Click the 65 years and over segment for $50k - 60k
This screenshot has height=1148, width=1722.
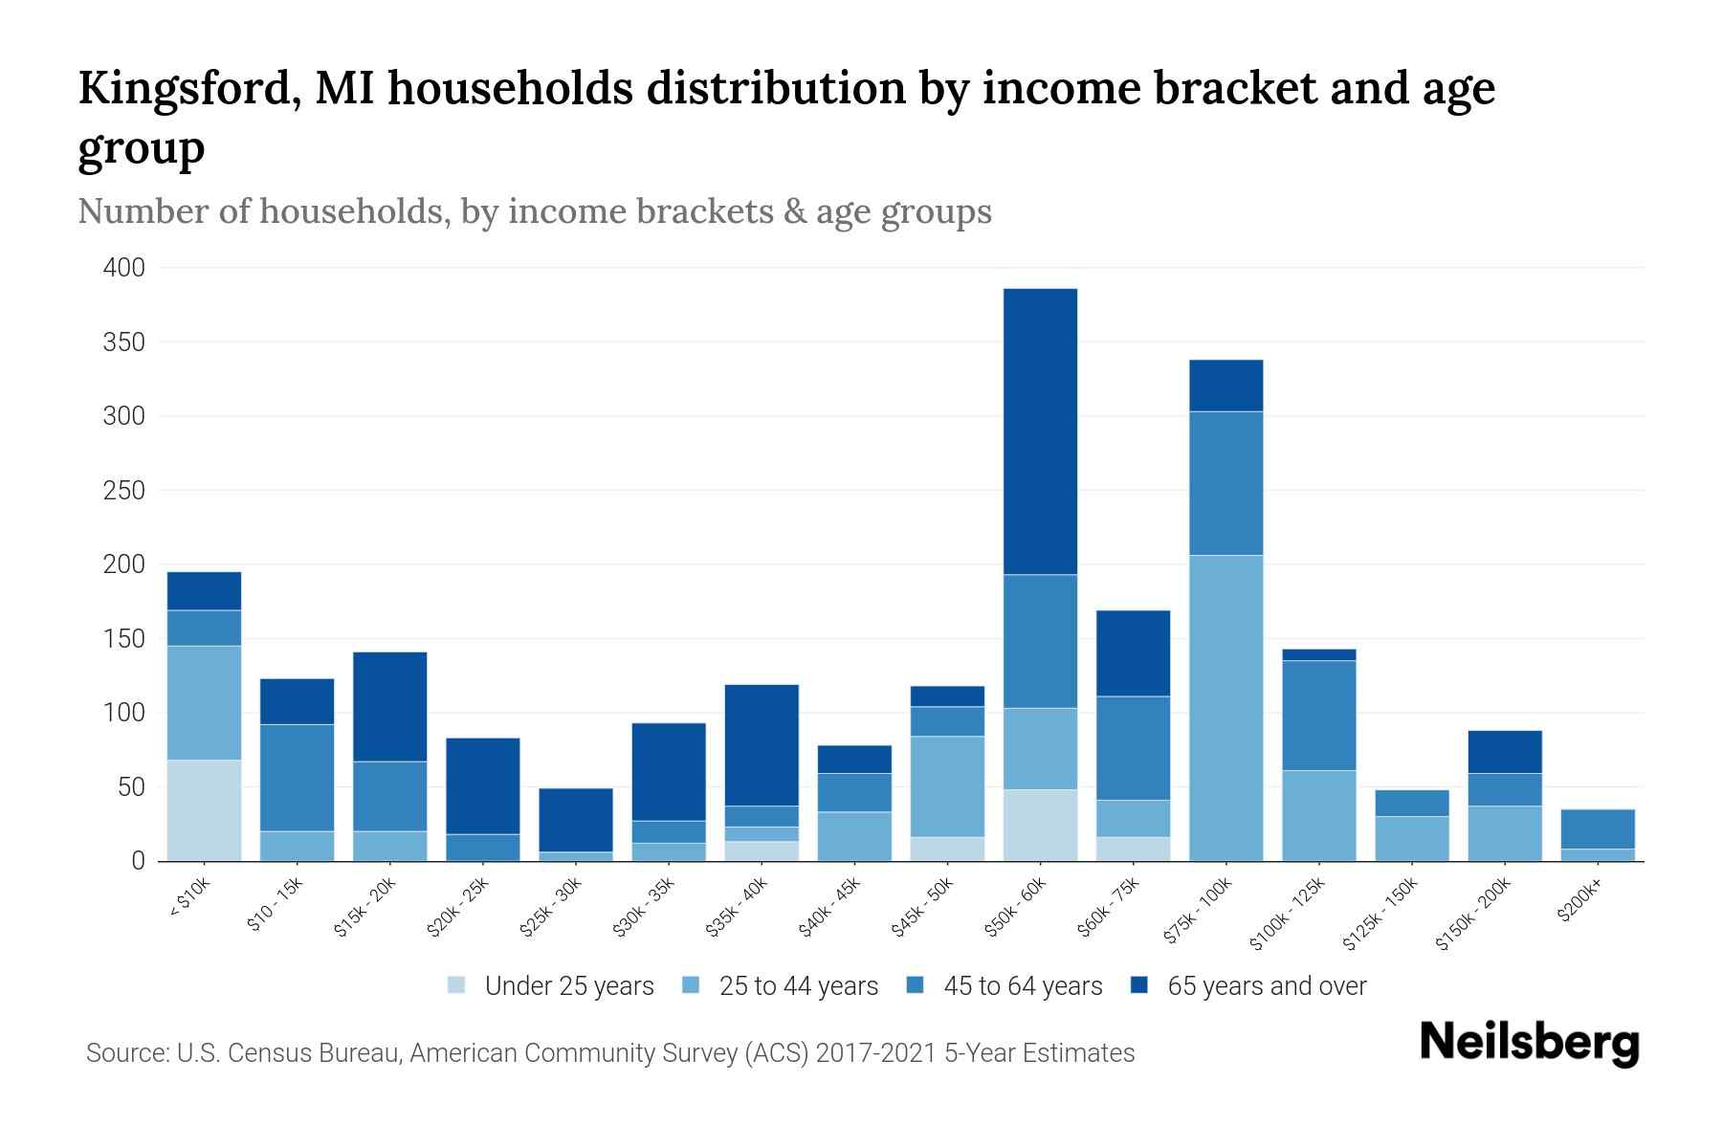[x=1040, y=430]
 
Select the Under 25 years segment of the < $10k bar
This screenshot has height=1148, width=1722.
[x=204, y=809]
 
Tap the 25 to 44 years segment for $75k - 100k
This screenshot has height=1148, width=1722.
[x=1225, y=707]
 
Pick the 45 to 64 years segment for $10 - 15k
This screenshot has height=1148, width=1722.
[x=297, y=777]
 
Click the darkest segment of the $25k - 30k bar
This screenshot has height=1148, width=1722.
[x=576, y=819]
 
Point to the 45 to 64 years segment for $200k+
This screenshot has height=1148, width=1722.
[x=1597, y=828]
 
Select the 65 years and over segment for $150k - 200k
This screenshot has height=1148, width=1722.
[x=1504, y=751]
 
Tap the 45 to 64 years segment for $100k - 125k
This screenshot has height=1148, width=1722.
[x=1318, y=715]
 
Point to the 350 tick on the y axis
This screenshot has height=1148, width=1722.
[x=123, y=342]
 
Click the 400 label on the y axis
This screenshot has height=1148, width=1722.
[x=123, y=268]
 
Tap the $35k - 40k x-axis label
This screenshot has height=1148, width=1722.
[x=737, y=907]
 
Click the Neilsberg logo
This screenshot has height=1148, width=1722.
[x=1529, y=1042]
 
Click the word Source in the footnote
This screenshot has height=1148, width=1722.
[x=125, y=1053]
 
